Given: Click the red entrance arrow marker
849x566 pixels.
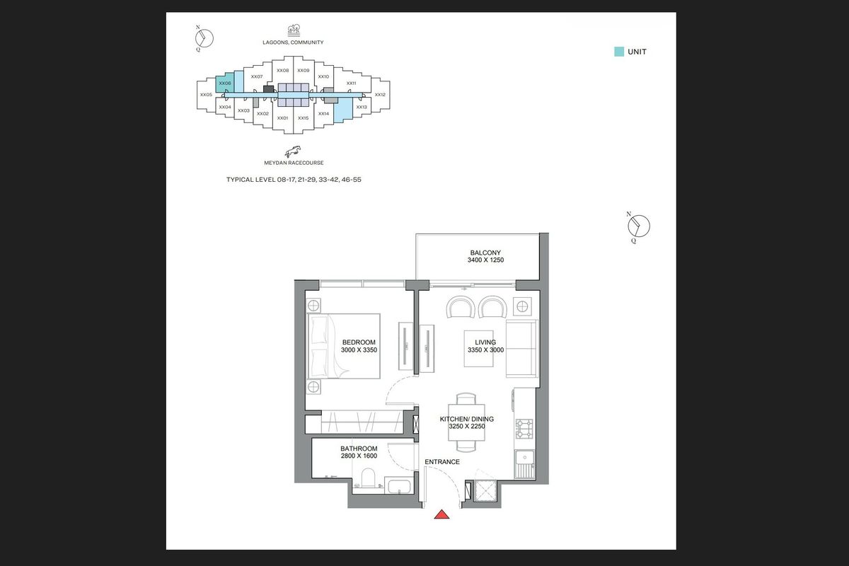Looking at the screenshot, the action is point(441,514).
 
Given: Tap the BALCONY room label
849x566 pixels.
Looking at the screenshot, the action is point(485,253).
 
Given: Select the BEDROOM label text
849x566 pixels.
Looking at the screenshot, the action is point(359,342).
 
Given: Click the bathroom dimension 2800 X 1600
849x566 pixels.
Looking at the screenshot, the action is point(359,456).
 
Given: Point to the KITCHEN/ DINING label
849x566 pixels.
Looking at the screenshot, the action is point(466,419).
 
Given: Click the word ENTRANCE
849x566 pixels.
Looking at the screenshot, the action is point(442,462).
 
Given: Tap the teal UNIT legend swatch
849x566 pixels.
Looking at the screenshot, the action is point(619,52).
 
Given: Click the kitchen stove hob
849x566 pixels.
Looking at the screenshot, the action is point(524,429).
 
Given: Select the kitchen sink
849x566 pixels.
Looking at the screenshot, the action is point(524,464).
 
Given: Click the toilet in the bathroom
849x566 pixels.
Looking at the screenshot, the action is point(368,478).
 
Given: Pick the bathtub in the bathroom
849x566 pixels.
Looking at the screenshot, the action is point(399,486).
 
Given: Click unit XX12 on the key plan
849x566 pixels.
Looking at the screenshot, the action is point(380,95).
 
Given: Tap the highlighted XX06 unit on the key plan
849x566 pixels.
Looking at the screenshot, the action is point(225,83).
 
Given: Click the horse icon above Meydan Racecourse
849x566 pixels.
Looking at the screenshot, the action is point(293,151).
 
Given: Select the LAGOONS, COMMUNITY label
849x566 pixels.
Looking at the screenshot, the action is point(293,42).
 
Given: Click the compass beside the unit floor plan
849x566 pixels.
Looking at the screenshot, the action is point(639,226).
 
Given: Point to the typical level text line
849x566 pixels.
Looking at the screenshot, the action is point(294,180).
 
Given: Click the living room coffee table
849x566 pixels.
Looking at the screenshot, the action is point(479,349).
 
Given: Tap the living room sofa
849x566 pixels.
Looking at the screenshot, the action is point(522,349).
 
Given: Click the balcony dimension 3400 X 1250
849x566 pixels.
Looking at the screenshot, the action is point(485,260).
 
